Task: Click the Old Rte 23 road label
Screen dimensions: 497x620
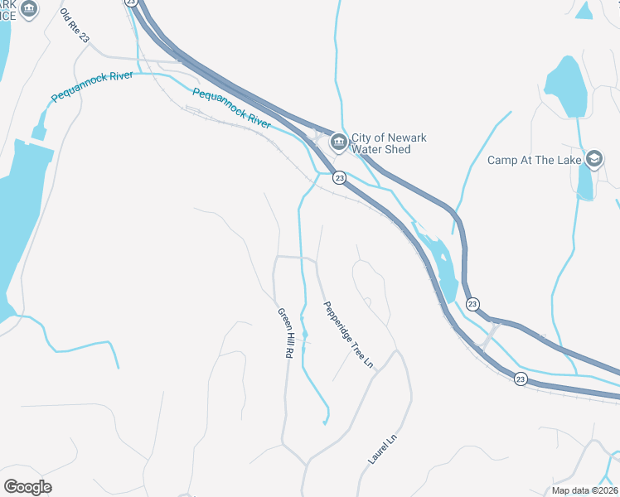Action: tap(75, 27)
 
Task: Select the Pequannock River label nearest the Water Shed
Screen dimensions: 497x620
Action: tap(232, 108)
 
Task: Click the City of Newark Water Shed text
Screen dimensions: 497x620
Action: tap(381, 143)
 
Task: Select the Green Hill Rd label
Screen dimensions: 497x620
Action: tap(286, 332)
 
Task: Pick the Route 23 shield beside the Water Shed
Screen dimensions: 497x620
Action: tap(339, 178)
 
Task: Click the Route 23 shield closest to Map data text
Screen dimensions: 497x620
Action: tap(520, 379)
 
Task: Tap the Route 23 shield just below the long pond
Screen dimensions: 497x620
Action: tap(472, 305)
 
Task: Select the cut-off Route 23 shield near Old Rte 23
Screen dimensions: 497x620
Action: tap(131, 2)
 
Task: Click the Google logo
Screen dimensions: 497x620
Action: tap(27, 486)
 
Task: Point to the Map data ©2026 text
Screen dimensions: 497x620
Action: tap(585, 490)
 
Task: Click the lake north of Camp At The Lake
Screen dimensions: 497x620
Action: tap(564, 87)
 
